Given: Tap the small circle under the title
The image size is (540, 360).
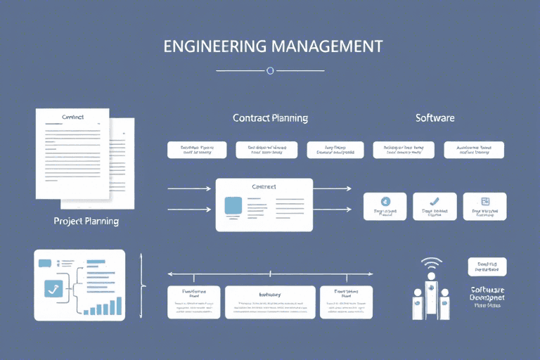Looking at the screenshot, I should [270, 70].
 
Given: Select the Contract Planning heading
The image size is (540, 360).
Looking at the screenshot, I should [270, 118].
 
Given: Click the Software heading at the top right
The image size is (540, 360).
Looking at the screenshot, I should [435, 117].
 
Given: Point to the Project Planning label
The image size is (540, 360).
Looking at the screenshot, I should [86, 221].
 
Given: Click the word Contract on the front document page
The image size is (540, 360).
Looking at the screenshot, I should [73, 117].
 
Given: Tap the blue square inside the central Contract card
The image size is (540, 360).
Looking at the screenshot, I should [233, 205].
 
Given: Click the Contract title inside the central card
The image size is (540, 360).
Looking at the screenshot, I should [264, 187].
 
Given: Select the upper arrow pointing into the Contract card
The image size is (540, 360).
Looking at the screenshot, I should [190, 188].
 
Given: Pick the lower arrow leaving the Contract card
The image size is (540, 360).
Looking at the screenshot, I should [333, 209].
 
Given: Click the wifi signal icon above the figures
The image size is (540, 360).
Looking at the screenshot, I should [432, 265].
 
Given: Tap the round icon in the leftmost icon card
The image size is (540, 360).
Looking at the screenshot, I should [384, 201].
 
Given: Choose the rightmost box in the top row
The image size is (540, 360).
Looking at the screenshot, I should [474, 150].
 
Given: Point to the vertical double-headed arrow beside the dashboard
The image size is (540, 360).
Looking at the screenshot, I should [142, 284].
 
